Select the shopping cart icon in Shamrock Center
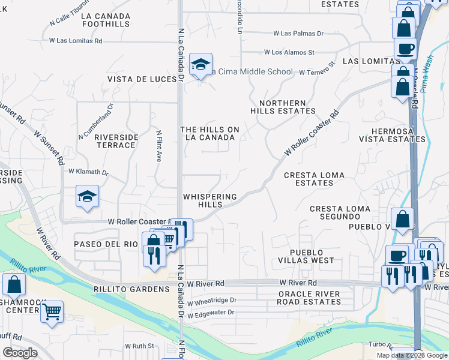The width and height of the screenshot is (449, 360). [x=52, y=311]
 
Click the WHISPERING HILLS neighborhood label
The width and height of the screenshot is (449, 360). [x=210, y=200]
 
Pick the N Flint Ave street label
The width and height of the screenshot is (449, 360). [x=159, y=146]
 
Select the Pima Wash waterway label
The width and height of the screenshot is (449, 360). [x=427, y=77]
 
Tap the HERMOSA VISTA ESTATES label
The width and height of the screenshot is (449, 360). [x=392, y=135]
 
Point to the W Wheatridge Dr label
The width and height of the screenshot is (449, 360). [x=212, y=300]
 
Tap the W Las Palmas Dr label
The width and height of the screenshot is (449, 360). [x=298, y=34]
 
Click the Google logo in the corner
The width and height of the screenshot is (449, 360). [x=20, y=353]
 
